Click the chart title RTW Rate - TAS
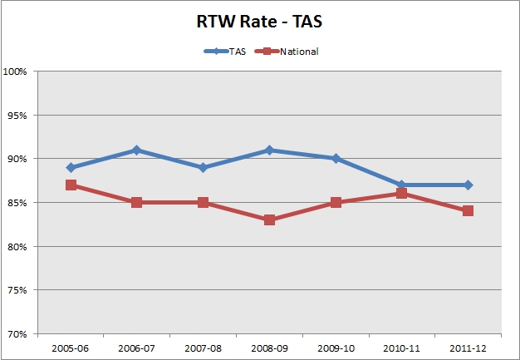pyautogui.click(x=259, y=23)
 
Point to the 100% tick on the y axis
pyautogui.click(x=16, y=72)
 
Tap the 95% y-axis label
pyautogui.click(x=17, y=116)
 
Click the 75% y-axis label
pyautogui.click(x=17, y=290)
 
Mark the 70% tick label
pyautogui.click(x=17, y=334)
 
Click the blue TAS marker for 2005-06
pyautogui.click(x=71, y=168)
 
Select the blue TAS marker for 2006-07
pyautogui.click(x=137, y=150)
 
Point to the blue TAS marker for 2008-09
pyautogui.click(x=269, y=150)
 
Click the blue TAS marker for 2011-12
pyautogui.click(x=468, y=185)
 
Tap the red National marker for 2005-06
pyautogui.click(x=71, y=185)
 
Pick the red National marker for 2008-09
pyautogui.click(x=269, y=220)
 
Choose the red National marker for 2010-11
pyautogui.click(x=401, y=194)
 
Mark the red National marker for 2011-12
pyautogui.click(x=468, y=211)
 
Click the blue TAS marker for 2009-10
pyautogui.click(x=336, y=159)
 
